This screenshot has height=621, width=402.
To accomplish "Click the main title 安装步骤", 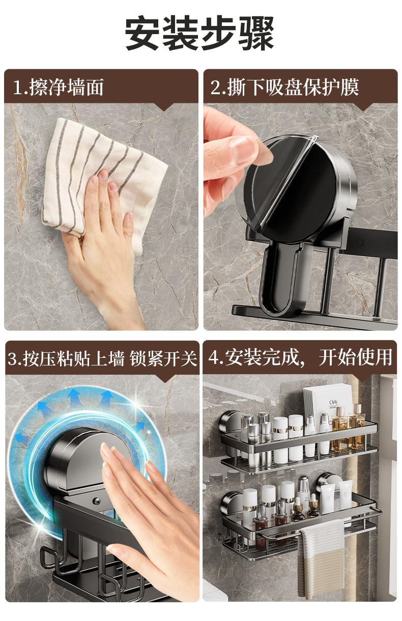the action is (x=199, y=33).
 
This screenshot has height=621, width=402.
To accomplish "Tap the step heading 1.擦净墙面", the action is (x=59, y=87).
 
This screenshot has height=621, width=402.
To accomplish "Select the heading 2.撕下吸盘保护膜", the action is (x=285, y=87).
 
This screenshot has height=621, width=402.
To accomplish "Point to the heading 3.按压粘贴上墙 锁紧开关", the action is (x=102, y=359).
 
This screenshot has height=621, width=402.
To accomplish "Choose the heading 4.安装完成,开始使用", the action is (x=300, y=357).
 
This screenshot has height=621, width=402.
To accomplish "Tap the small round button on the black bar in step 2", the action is (x=360, y=242).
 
